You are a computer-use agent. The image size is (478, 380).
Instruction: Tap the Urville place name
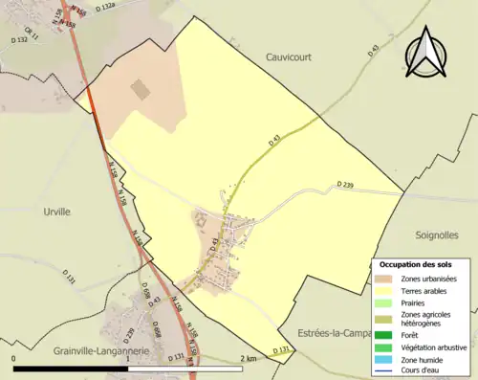pos(57,212)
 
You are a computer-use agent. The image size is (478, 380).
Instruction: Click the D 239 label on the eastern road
pos(346,184)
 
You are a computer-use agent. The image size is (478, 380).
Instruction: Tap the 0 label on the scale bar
pos(14,358)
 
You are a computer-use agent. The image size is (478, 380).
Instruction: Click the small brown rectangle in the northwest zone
pos(140,90)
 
